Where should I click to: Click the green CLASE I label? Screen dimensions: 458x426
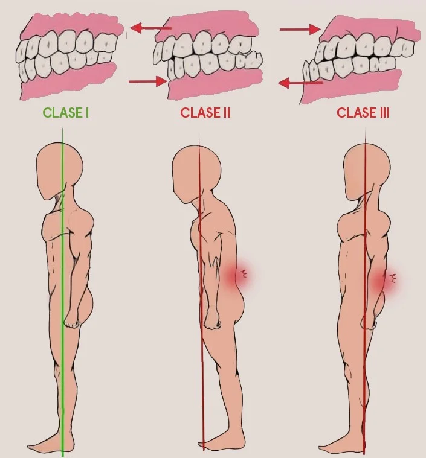click(x=66, y=113)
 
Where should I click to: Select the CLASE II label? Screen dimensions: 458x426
click(x=205, y=113)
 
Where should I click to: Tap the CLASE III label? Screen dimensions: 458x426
click(x=363, y=113)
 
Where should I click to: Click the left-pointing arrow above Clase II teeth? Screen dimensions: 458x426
click(x=151, y=27)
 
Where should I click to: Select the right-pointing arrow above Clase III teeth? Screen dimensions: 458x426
click(x=299, y=28)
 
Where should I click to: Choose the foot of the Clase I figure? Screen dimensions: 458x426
click(x=48, y=445)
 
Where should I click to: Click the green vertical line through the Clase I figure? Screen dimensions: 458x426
click(x=62, y=374)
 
